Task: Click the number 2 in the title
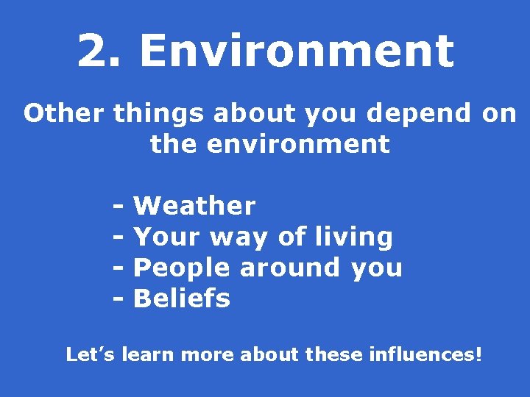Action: [x=94, y=51]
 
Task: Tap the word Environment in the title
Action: [x=296, y=51]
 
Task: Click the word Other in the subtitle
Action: [x=65, y=114]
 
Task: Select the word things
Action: [x=159, y=114]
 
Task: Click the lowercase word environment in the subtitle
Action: [x=298, y=144]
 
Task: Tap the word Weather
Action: [x=194, y=206]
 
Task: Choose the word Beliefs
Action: [x=182, y=298]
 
